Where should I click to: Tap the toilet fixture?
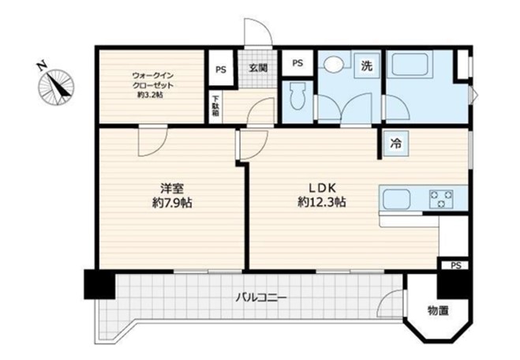tap(297, 96)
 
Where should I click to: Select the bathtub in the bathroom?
tap(410, 65)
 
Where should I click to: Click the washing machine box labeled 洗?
tap(366, 66)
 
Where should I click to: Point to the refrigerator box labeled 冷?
tap(395, 144)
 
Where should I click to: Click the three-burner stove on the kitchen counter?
tap(441, 199)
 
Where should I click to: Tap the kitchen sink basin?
tap(397, 199)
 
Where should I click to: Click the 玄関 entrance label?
tap(258, 68)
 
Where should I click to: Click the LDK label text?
tap(323, 188)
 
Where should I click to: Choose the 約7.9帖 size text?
tap(172, 203)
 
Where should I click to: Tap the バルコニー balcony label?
tap(260, 298)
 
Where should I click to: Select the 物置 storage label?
tap(438, 311)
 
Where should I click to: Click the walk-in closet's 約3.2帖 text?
tap(150, 96)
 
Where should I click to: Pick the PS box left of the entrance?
tap(221, 69)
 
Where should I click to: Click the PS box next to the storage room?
tap(456, 265)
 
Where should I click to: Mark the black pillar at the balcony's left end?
tap(99, 284)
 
